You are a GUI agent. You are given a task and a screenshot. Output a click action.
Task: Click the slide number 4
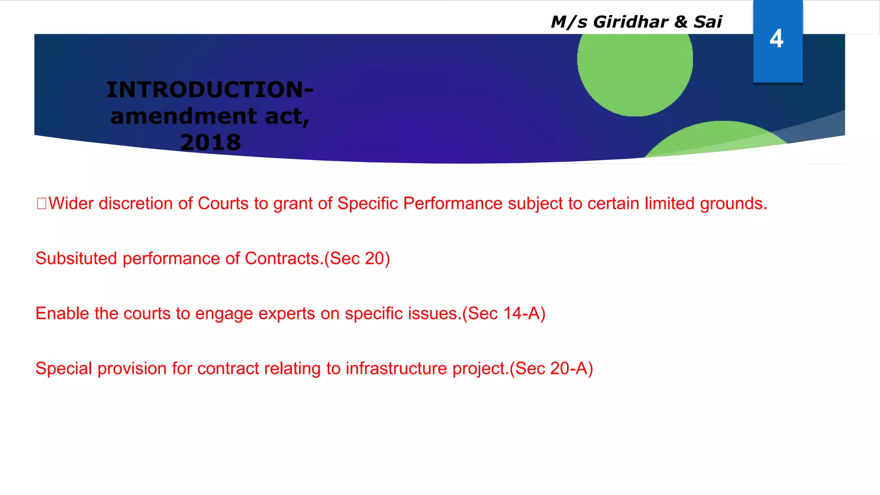coord(776,39)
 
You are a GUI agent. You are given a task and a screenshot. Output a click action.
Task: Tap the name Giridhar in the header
coord(630,22)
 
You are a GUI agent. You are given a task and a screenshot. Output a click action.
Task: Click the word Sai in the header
coord(708,22)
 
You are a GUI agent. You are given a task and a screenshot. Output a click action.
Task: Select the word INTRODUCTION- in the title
coord(210,90)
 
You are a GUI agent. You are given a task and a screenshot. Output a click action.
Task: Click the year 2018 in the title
coord(211,142)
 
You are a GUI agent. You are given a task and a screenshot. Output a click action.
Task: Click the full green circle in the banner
coord(635,64)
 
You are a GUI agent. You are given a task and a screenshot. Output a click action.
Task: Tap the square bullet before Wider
coord(41,203)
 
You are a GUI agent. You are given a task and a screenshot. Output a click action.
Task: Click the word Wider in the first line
coord(71,204)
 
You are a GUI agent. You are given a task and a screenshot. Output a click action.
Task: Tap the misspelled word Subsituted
coord(76,259)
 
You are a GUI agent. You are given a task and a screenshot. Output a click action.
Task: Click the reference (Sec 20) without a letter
coord(357,259)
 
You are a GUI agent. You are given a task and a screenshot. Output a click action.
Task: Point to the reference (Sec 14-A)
coord(504,314)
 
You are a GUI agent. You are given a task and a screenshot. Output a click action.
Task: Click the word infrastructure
coord(396,369)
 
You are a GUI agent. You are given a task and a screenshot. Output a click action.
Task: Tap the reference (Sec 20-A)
coord(551,369)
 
